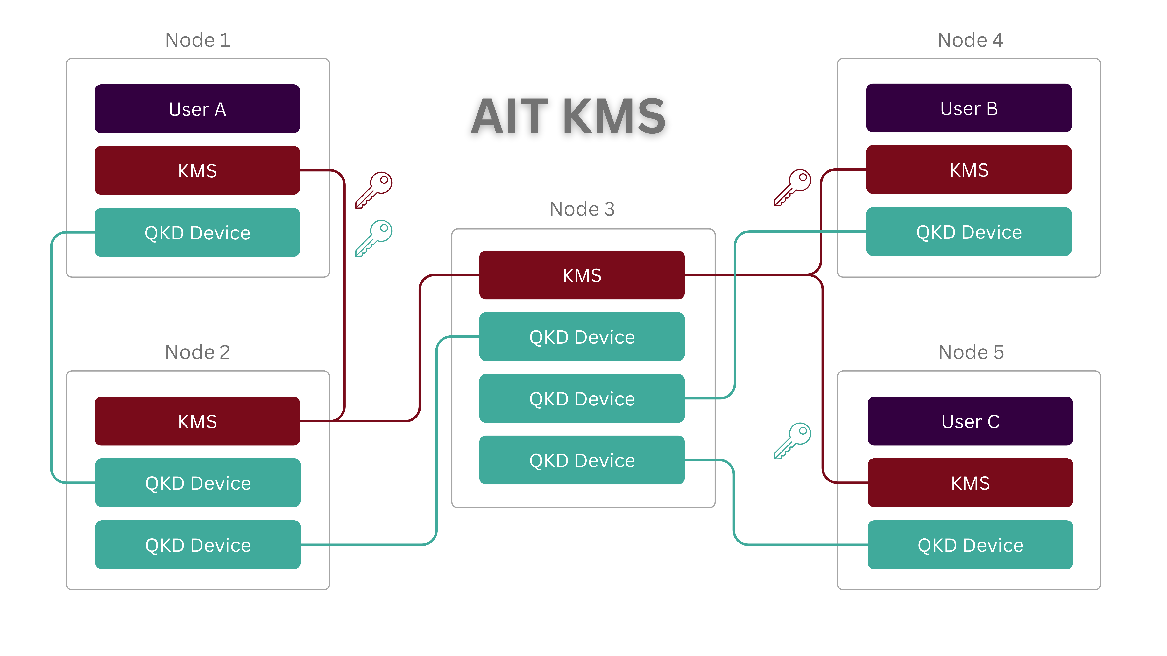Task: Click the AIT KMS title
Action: (568, 116)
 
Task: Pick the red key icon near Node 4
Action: (792, 187)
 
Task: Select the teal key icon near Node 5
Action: (792, 440)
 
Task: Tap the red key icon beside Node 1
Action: (373, 190)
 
